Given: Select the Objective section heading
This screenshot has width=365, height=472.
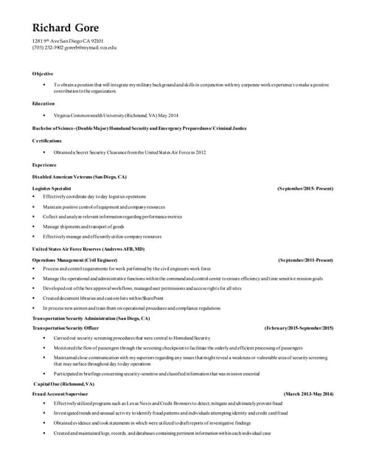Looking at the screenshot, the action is click(x=43, y=74).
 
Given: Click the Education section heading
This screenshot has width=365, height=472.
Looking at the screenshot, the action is click(x=43, y=103).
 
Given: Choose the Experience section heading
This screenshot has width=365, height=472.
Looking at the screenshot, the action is click(x=45, y=164).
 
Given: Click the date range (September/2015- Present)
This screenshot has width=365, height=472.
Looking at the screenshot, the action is click(x=305, y=189).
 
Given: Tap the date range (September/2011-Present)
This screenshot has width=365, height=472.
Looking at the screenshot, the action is click(x=305, y=260).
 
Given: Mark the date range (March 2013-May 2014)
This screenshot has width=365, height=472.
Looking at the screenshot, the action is click(x=308, y=395).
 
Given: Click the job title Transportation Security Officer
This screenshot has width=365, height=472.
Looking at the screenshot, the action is click(x=66, y=327).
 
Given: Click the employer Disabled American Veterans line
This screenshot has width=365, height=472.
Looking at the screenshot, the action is click(x=80, y=177).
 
